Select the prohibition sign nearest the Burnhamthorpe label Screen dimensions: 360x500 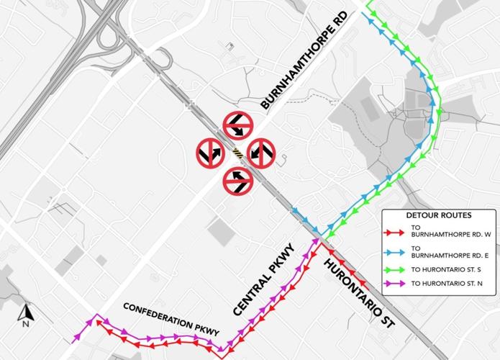point(237,126)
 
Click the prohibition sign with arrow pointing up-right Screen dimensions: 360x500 point(212,153)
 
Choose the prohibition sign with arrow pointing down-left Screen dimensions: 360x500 point(263,153)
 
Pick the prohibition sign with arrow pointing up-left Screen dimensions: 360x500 point(237,179)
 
